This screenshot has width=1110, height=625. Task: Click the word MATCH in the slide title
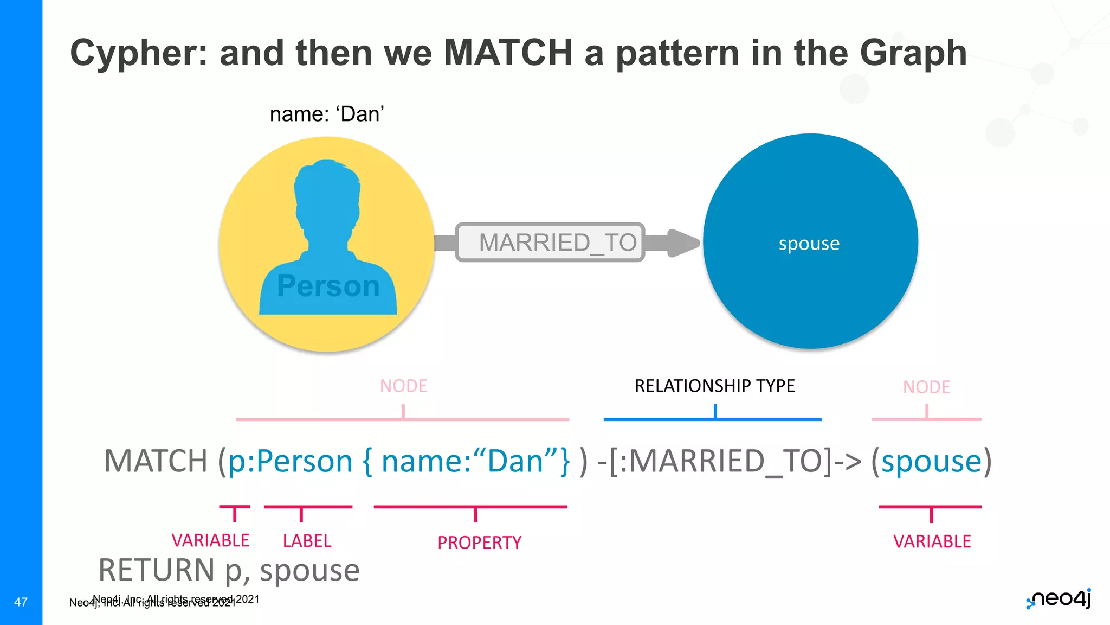coord(508,53)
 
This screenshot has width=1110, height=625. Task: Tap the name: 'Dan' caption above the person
coord(327,114)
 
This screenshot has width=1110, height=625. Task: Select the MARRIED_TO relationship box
coord(550,243)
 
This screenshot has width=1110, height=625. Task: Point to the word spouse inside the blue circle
coord(809,244)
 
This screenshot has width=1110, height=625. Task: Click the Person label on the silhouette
coord(328,286)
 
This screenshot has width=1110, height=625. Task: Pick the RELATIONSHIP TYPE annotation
coord(714,386)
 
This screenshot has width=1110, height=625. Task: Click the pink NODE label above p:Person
coord(403,386)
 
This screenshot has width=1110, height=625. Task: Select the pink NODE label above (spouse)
coord(926,387)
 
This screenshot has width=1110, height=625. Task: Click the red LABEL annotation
coord(307,541)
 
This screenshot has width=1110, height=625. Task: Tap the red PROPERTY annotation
coord(479,543)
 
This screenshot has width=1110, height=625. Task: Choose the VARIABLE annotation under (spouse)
coord(932,541)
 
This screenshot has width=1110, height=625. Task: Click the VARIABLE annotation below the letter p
coord(210,540)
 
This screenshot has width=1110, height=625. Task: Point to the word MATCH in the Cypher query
coord(156,461)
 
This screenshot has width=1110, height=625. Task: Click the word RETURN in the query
coord(157,570)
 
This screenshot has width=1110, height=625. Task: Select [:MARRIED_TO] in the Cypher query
coord(721,461)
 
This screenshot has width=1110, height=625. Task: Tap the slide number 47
coord(21,602)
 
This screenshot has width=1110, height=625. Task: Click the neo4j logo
coord(1059,599)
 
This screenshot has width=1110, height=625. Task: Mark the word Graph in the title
coord(913,53)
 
